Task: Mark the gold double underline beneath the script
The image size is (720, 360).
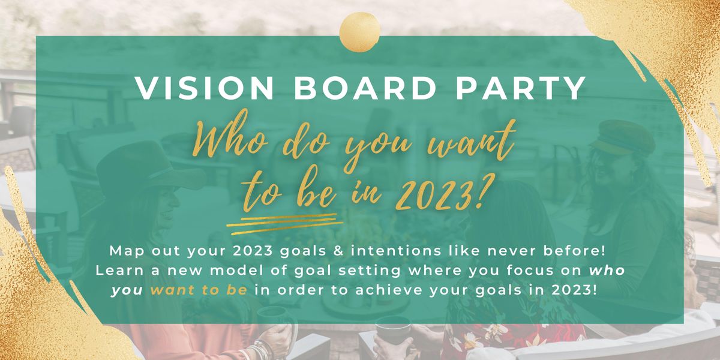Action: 282,219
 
